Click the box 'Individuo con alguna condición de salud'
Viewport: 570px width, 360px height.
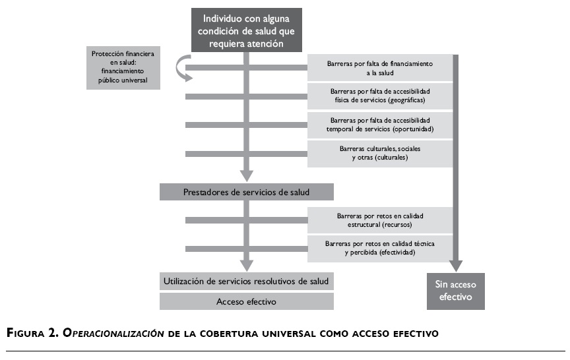point(247,29)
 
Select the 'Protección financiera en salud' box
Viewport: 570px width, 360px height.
point(124,67)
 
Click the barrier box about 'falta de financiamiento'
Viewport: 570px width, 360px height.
point(379,68)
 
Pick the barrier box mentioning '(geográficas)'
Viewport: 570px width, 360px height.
point(379,96)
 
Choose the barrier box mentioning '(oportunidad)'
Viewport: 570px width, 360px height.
point(379,125)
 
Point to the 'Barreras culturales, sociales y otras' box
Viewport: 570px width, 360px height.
point(379,153)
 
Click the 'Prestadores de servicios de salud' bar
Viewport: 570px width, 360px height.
point(247,192)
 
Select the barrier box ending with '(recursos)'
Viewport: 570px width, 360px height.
point(379,220)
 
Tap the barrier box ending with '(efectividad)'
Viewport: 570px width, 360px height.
point(379,248)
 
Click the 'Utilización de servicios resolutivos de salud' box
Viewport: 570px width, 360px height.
point(247,281)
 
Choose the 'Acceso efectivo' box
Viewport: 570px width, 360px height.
point(247,301)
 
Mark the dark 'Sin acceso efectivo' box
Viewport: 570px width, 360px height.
point(456,291)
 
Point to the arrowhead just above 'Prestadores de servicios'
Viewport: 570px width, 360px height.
point(247,175)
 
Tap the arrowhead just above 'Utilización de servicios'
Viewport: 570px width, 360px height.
point(247,265)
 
